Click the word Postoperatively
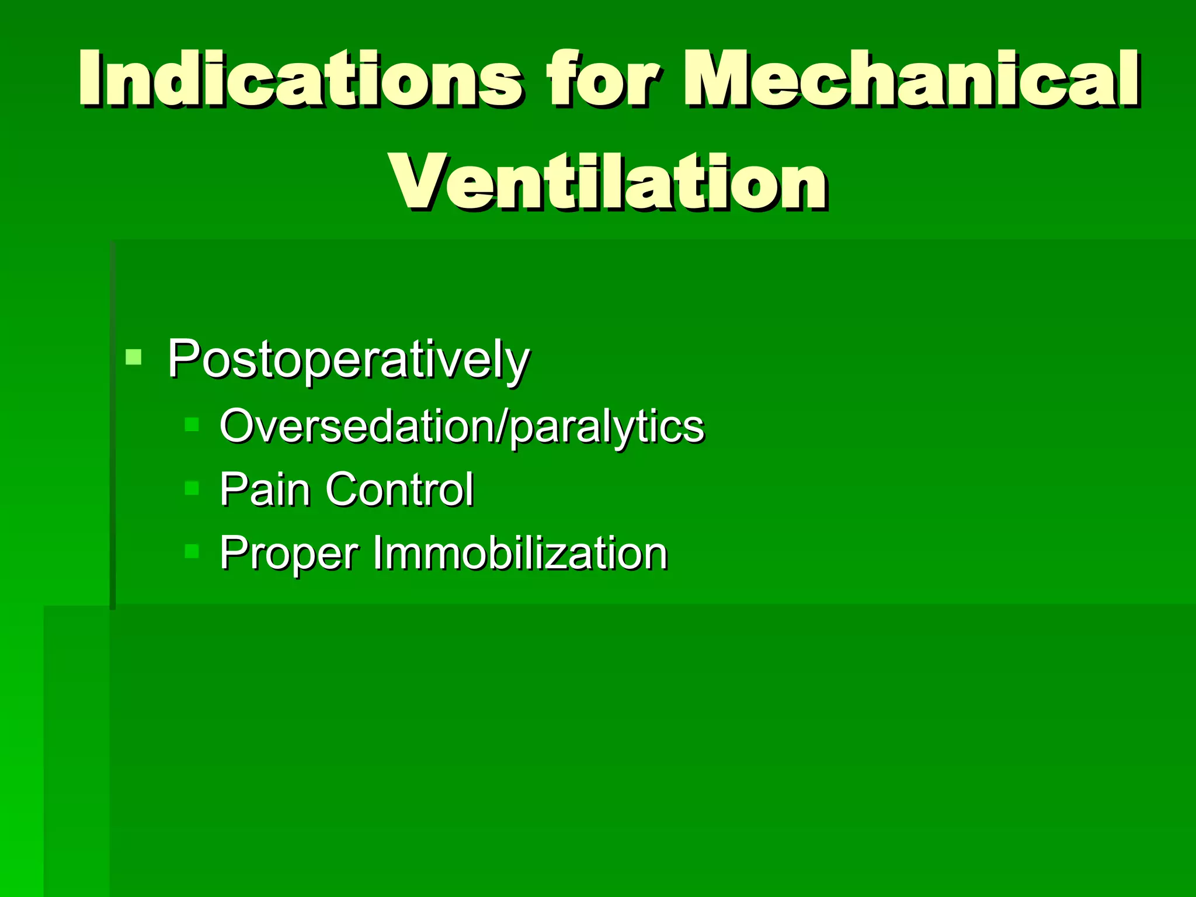(348, 359)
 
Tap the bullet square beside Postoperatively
(134, 357)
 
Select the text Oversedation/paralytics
(461, 426)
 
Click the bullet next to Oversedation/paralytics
(192, 424)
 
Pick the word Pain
(265, 489)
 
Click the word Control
(399, 489)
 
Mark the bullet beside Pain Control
(192, 488)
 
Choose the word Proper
(289, 553)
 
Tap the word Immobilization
(520, 553)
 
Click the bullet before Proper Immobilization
(192, 551)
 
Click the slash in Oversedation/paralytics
(502, 426)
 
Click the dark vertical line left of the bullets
(113, 426)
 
